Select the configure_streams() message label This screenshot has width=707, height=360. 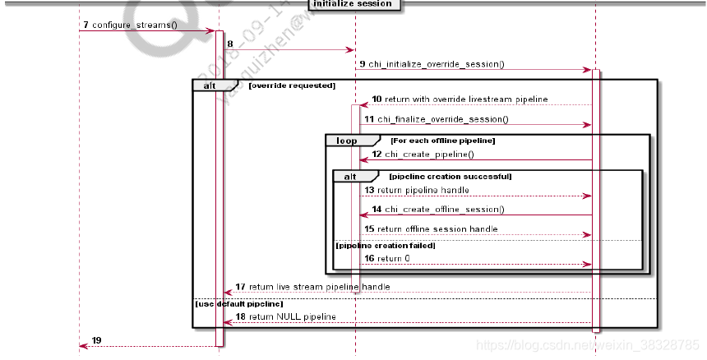click(134, 25)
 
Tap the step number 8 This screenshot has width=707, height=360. click(229, 44)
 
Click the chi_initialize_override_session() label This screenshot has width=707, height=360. click(436, 63)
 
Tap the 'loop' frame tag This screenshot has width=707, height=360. click(346, 141)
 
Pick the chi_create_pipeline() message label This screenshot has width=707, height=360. click(429, 154)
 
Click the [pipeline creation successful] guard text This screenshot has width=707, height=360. click(450, 176)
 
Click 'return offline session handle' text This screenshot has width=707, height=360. click(437, 228)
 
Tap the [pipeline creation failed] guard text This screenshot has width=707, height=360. click(385, 245)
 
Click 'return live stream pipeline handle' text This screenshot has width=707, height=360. click(319, 287)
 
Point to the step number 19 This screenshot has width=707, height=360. click(97, 340)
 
